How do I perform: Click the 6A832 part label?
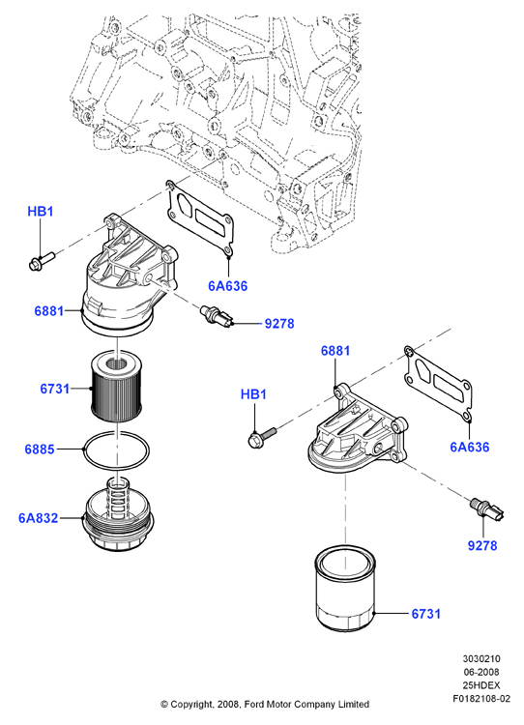point(39,518)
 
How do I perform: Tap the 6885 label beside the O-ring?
point(40,449)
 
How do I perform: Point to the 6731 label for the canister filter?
point(426,614)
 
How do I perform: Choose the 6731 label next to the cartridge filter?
point(54,389)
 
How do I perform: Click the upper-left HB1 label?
point(41,212)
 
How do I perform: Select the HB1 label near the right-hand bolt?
point(254,394)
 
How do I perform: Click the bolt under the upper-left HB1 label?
point(41,260)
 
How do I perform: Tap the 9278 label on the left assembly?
point(279,323)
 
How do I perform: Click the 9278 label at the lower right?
point(482,545)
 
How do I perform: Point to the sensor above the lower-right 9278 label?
point(486,508)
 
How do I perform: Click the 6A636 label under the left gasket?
point(227,286)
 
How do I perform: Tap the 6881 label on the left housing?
point(49,310)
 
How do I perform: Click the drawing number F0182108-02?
point(481,698)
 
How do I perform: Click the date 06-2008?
point(481,672)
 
